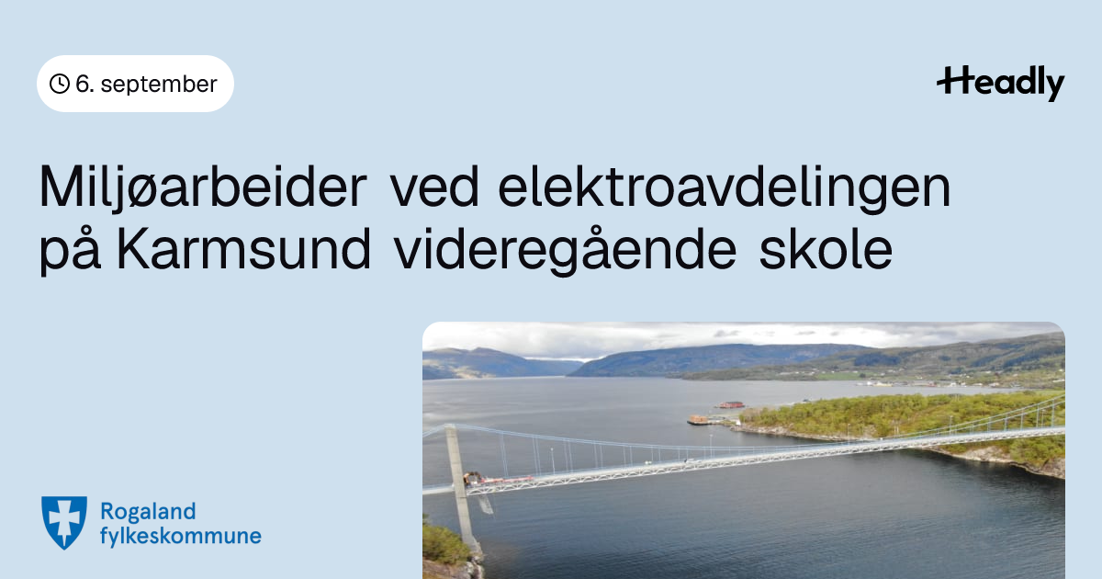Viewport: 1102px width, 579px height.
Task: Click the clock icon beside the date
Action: [x=60, y=84]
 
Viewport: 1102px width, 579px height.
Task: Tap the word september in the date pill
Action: [x=159, y=85]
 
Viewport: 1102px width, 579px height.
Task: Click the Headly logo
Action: [x=1001, y=84]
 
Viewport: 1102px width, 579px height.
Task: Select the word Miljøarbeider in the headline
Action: [x=203, y=188]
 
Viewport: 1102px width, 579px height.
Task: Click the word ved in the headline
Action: [x=433, y=187]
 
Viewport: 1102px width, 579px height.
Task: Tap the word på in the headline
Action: [x=70, y=249]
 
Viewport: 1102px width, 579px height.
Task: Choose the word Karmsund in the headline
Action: [x=243, y=250]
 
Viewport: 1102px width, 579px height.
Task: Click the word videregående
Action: [x=566, y=250]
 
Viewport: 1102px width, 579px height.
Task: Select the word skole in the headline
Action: [x=826, y=250]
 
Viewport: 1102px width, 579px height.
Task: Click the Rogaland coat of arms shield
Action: [x=64, y=522]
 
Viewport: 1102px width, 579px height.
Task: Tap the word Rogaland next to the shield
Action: [x=148, y=512]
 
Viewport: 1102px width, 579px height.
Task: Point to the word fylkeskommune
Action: [x=181, y=536]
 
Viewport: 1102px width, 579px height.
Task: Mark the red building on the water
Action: [x=731, y=404]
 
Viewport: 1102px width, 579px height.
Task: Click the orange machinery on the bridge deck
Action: [x=472, y=478]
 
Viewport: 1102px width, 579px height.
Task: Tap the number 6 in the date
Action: [x=83, y=85]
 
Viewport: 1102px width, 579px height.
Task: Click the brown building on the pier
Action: [x=698, y=420]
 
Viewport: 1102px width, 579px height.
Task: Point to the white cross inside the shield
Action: [x=64, y=519]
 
